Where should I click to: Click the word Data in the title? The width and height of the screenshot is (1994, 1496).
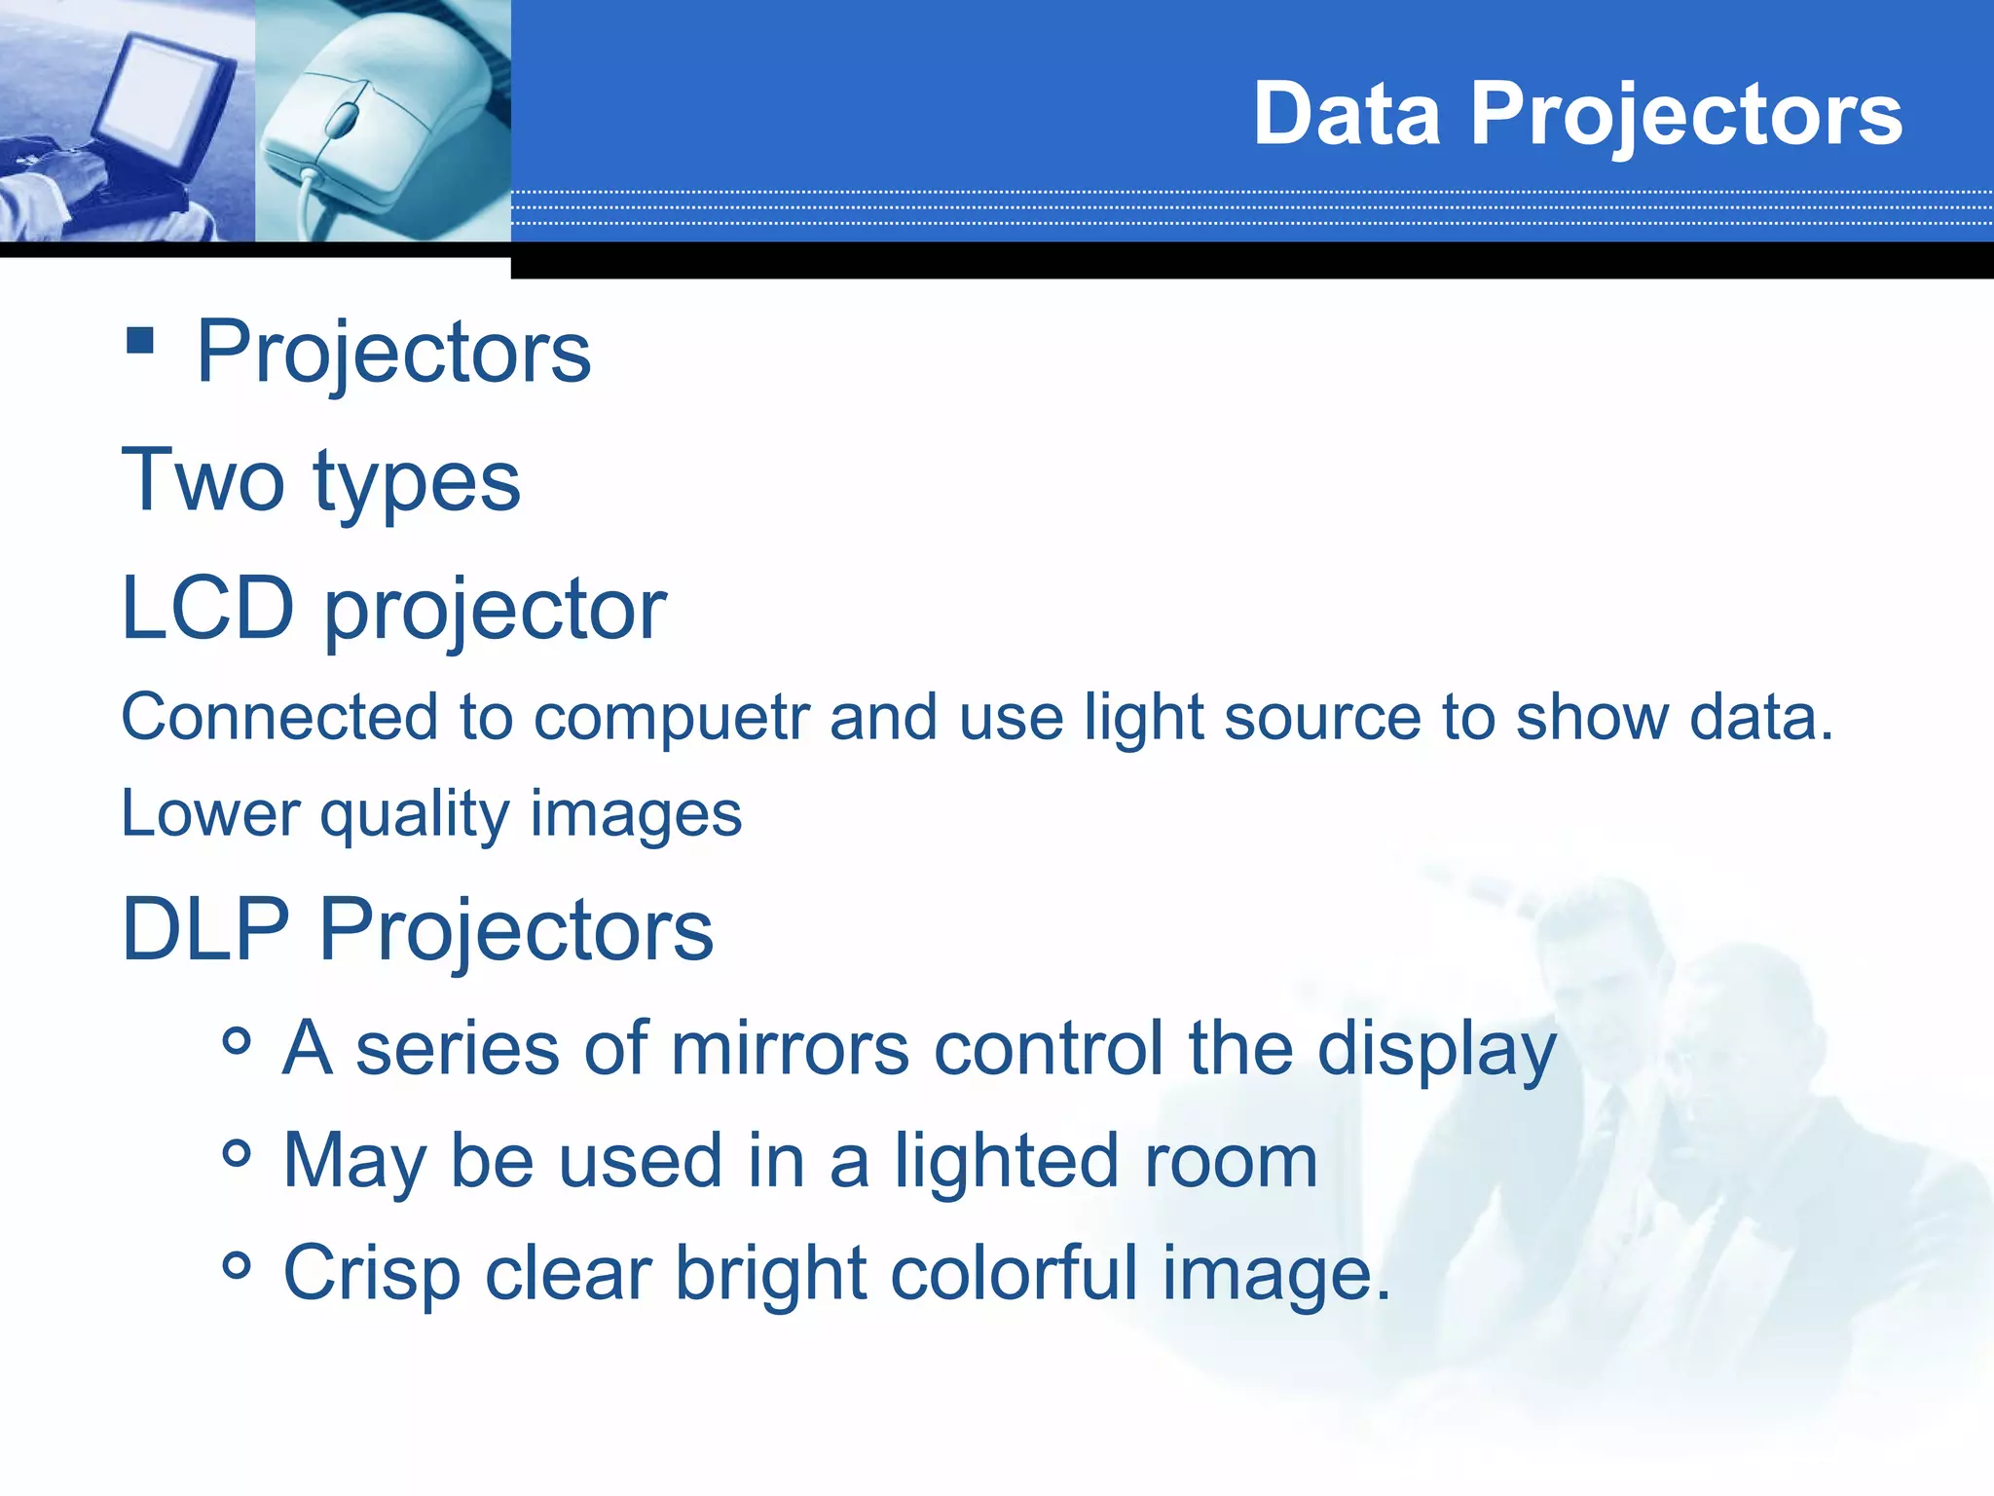[x=1346, y=114]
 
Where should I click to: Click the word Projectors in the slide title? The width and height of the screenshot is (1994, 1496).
[x=1685, y=116]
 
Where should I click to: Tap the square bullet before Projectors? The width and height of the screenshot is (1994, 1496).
[x=140, y=341]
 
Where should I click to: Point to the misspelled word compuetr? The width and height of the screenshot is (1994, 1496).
[x=671, y=718]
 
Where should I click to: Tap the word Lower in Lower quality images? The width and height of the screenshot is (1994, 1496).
[x=210, y=813]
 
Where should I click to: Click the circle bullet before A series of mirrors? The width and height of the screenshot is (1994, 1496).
[x=237, y=1041]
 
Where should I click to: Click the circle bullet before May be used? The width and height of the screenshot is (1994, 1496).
[x=237, y=1154]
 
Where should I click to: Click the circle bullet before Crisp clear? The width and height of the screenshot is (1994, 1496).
[x=237, y=1266]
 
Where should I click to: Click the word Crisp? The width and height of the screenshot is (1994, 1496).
[x=371, y=1274]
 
